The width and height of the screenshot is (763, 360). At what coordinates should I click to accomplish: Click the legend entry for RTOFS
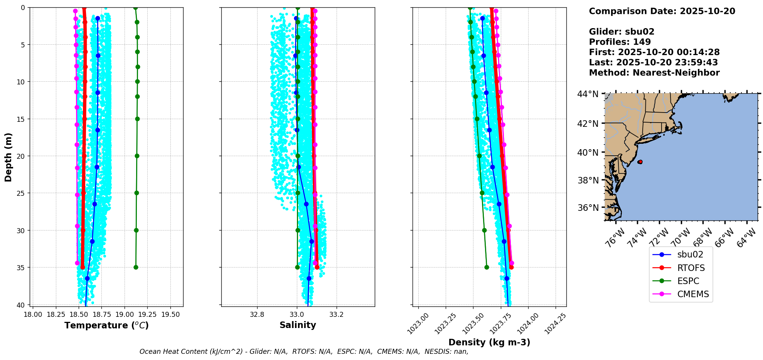[691, 268]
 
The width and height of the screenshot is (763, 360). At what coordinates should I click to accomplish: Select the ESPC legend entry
[688, 281]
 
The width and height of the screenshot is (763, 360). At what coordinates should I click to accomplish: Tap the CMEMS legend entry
[693, 294]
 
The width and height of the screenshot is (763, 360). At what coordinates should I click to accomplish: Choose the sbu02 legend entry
[690, 254]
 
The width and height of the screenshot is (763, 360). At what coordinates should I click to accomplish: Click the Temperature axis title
[106, 325]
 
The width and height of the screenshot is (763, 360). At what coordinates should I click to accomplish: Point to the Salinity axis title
[298, 325]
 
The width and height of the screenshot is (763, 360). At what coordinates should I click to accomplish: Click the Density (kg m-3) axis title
[489, 342]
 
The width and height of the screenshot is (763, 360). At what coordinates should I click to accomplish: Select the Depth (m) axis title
[8, 157]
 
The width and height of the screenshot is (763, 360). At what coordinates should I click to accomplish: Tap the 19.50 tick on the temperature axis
[170, 315]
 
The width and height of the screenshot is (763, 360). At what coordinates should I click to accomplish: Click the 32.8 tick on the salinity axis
[257, 315]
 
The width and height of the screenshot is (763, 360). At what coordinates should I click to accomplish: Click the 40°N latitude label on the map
[588, 153]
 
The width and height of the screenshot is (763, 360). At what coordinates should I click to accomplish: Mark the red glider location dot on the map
[640, 162]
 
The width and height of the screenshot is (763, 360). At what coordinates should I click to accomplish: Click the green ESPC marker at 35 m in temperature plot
[136, 267]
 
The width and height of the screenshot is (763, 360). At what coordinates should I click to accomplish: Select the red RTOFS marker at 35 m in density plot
[511, 267]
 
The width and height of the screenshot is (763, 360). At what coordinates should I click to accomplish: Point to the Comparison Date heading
[662, 11]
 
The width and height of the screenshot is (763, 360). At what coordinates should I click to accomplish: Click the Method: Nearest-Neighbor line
[654, 73]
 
